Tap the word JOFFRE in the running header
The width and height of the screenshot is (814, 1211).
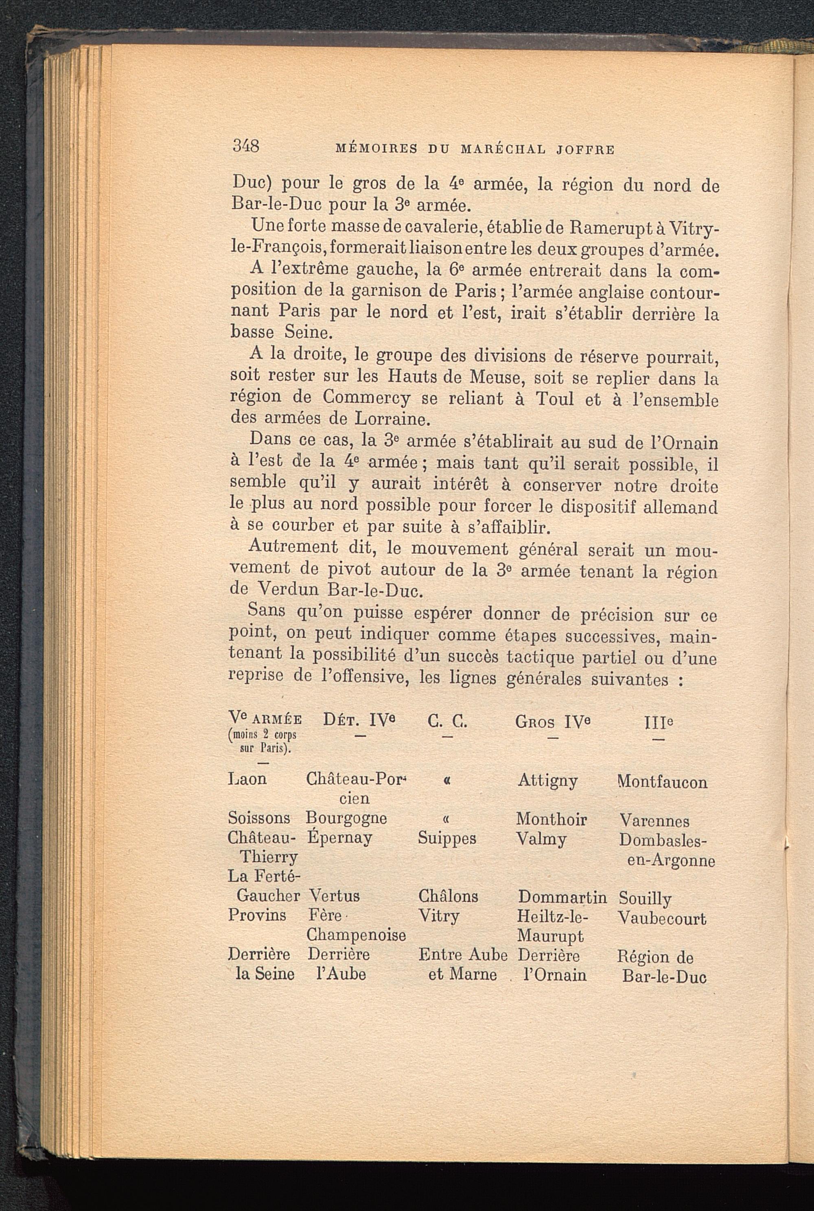(x=585, y=150)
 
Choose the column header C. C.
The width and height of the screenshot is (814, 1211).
(x=447, y=721)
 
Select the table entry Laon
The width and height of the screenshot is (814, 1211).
(x=247, y=779)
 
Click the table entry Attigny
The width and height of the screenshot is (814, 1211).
(x=548, y=781)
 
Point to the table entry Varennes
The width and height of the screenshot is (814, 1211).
(x=654, y=821)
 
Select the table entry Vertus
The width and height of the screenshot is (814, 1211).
(x=334, y=896)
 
